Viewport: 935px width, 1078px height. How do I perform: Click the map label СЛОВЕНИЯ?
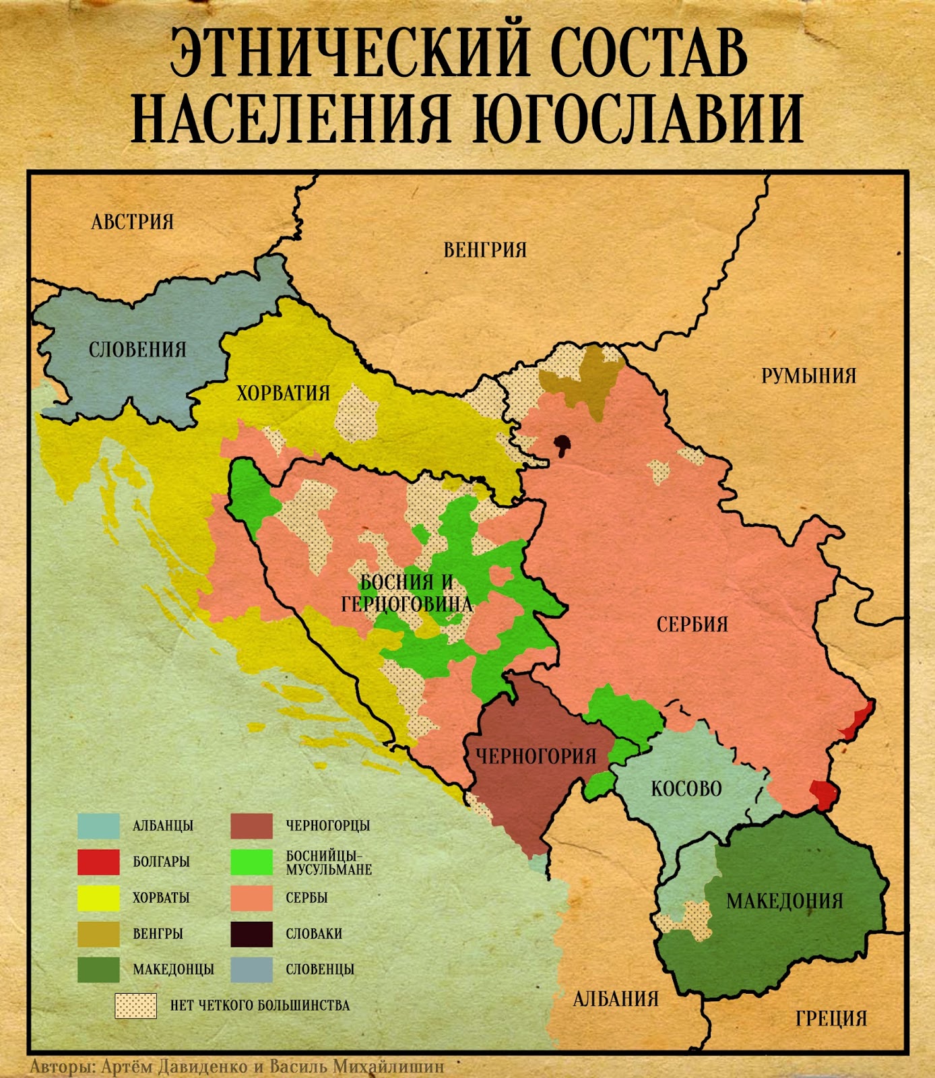click(x=137, y=349)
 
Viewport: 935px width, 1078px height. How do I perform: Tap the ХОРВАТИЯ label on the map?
click(x=283, y=393)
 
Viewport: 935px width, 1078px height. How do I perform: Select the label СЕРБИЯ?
click(x=692, y=624)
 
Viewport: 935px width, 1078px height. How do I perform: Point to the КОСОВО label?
click(x=686, y=788)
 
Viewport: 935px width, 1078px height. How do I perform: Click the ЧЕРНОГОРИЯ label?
click(x=536, y=756)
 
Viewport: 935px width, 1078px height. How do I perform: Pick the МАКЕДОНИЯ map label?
click(x=784, y=901)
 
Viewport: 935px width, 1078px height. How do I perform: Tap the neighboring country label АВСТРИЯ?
click(x=133, y=222)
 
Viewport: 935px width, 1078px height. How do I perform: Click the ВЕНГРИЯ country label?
click(x=485, y=250)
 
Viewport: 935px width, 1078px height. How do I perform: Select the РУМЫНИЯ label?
click(x=808, y=375)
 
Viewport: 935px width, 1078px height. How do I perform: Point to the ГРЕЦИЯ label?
click(x=831, y=1018)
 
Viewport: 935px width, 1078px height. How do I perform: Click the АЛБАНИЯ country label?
click(x=616, y=998)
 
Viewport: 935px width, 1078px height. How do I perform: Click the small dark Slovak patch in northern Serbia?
click(x=562, y=443)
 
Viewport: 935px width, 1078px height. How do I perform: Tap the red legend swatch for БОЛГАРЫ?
click(x=98, y=862)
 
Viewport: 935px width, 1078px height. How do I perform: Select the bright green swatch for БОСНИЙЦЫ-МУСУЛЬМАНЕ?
click(x=251, y=862)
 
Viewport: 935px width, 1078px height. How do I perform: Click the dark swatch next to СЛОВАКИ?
click(x=251, y=934)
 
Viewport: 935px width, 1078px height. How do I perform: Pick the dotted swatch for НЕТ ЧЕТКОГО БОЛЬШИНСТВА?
click(x=135, y=1005)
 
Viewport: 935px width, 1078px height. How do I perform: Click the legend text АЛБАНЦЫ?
click(x=163, y=825)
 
